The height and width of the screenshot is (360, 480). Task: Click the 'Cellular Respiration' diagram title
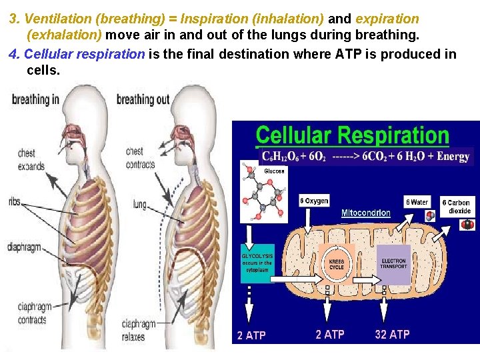(x=353, y=135)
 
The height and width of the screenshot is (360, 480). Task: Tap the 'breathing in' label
(x=35, y=99)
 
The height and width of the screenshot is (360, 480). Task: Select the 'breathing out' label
(x=143, y=100)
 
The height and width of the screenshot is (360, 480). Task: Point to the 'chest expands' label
(x=31, y=160)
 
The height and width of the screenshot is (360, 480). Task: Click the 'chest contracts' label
(x=140, y=157)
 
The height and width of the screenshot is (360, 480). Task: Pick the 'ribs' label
(x=15, y=201)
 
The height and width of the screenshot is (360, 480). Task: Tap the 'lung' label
(x=139, y=204)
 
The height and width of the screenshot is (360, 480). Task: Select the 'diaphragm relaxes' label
(x=138, y=330)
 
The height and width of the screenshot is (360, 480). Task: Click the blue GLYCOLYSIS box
(x=257, y=261)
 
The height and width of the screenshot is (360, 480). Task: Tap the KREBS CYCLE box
(x=337, y=264)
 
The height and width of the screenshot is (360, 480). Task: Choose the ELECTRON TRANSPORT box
(x=393, y=264)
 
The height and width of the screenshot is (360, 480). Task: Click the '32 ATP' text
(x=392, y=334)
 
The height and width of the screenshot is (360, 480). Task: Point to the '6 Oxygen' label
(x=314, y=201)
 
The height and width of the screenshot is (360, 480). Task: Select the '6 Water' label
(x=417, y=201)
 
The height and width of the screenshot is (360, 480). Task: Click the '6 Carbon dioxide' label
(x=459, y=207)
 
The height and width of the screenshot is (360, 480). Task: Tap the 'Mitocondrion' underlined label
(x=366, y=213)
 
